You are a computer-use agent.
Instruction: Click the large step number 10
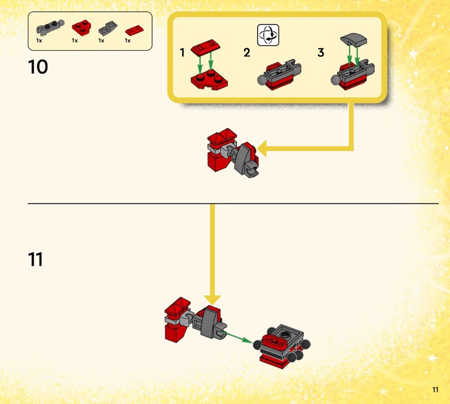(x=38, y=67)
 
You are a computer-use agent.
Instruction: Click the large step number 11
(x=35, y=259)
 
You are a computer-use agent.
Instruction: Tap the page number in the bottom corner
(x=435, y=389)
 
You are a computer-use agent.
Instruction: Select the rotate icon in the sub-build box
(x=268, y=35)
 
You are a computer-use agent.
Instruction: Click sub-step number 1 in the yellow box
(x=182, y=52)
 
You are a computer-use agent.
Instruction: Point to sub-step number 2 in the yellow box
(x=247, y=52)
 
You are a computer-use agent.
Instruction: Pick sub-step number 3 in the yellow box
(x=321, y=52)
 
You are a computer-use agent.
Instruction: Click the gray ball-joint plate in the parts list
(x=50, y=28)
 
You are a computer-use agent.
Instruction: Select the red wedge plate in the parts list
(x=81, y=28)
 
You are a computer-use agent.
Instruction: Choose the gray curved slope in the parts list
(x=107, y=28)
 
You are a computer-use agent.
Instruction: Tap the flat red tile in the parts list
(x=134, y=30)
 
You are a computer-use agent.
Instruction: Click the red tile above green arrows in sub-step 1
(x=205, y=47)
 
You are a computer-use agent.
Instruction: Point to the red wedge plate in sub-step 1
(x=209, y=80)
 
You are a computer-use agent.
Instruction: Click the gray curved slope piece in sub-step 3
(x=353, y=40)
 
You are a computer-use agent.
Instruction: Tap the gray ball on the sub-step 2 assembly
(x=262, y=80)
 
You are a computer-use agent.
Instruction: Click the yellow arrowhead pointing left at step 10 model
(x=262, y=149)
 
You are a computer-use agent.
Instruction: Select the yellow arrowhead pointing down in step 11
(x=212, y=300)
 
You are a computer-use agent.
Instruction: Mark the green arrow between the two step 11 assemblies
(x=238, y=338)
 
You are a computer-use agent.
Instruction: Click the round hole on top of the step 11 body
(x=285, y=334)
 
